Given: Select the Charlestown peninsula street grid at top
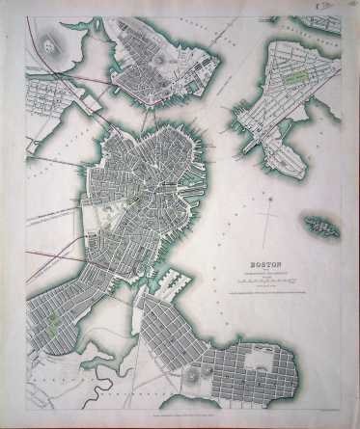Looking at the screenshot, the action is pyautogui.click(x=154, y=58).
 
